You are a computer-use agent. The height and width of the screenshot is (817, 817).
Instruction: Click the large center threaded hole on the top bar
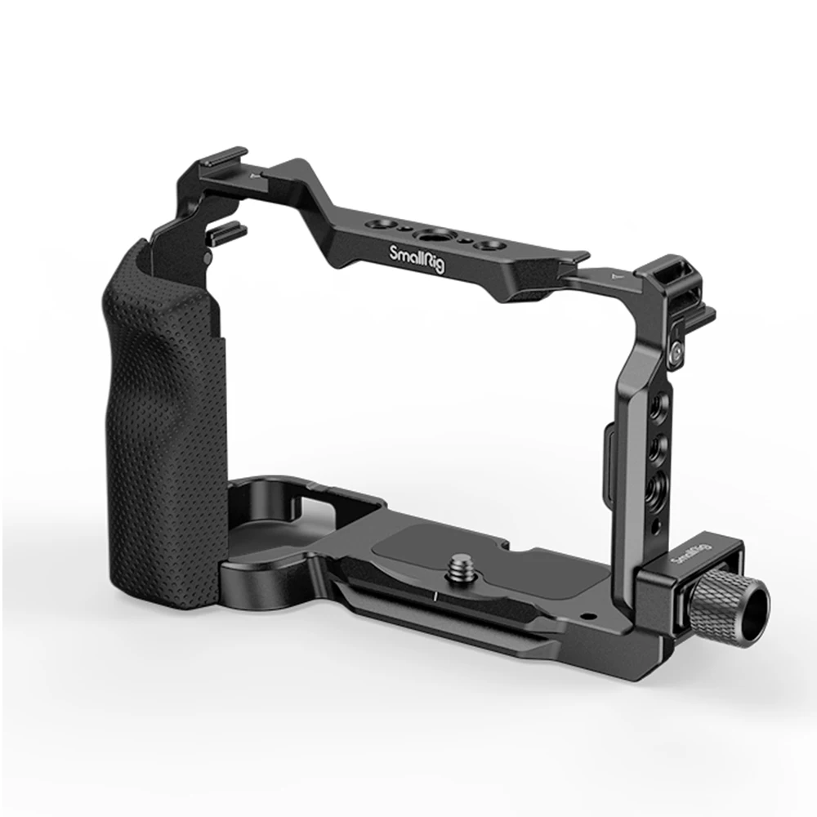pos(431,236)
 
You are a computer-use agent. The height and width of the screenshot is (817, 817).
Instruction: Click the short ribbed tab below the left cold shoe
pos(226,231)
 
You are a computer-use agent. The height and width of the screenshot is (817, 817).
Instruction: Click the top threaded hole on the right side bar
pos(659,405)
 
